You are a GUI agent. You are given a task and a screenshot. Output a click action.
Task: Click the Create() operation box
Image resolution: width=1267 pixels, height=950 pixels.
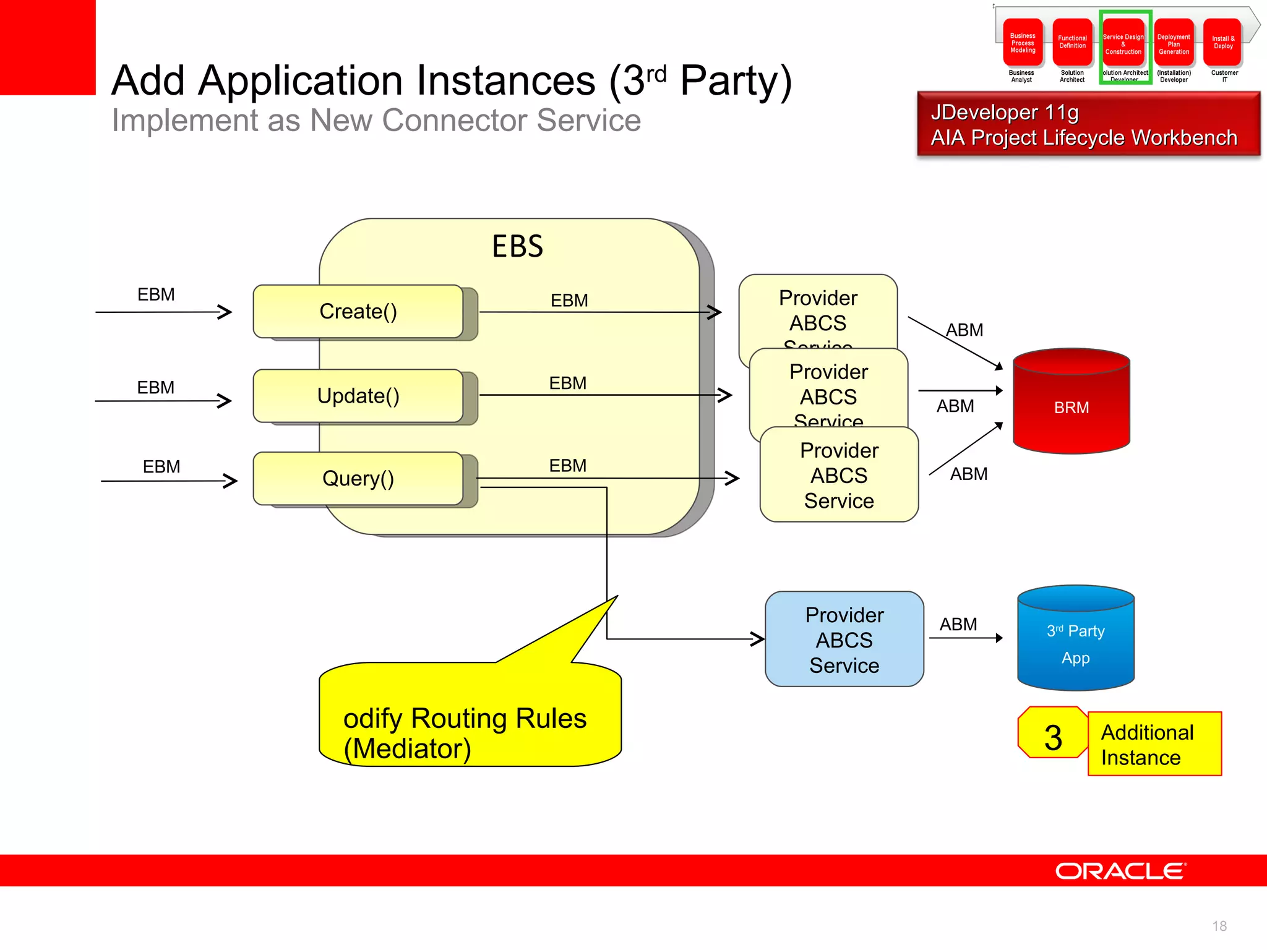(358, 311)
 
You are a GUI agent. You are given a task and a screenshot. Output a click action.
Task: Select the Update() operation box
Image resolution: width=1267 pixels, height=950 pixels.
(358, 396)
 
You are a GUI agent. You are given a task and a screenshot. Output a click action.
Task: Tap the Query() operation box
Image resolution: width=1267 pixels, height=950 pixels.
(358, 479)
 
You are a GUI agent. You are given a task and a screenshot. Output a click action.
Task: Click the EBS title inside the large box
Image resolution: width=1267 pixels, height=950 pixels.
(517, 246)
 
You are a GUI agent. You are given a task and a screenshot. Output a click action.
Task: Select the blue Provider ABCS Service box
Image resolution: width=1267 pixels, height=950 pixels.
(844, 640)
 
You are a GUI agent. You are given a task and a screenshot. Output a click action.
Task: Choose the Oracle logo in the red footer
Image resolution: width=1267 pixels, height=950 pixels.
(1120, 871)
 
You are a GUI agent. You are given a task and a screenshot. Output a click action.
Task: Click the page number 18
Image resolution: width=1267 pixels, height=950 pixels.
(1219, 926)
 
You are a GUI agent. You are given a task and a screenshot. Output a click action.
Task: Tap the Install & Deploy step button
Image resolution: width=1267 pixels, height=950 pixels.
(1223, 43)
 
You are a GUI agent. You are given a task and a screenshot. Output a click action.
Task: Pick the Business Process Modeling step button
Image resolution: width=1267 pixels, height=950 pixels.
(1023, 43)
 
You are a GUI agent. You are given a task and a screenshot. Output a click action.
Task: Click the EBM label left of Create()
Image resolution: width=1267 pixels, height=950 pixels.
(156, 294)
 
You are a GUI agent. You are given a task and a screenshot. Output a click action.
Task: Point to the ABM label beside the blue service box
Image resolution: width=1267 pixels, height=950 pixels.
(958, 624)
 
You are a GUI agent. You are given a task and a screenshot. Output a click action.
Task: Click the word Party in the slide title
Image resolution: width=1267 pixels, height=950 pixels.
(736, 80)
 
